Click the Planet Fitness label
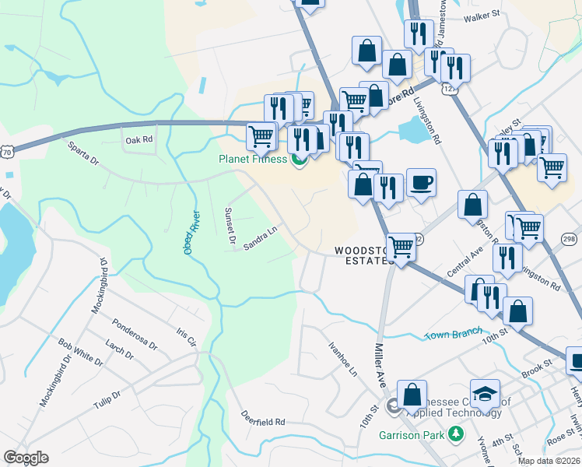[x=253, y=160]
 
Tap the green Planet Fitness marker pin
[x=298, y=162]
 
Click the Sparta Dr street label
[x=83, y=153]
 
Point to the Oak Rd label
[x=138, y=140]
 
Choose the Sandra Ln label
[x=260, y=237]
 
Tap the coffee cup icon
[x=421, y=183]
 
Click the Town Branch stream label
[x=453, y=334]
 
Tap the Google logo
[x=26, y=458]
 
